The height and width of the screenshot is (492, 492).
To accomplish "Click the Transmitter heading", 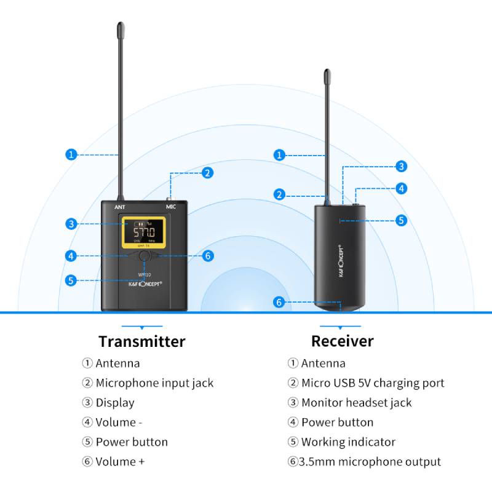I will tap(141, 341).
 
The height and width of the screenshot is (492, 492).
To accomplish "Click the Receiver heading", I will tap(342, 341).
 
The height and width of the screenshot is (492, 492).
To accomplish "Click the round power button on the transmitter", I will tap(144, 256).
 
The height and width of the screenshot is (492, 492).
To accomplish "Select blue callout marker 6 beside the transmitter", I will tap(208, 256).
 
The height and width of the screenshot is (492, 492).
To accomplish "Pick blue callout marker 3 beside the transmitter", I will tap(71, 224).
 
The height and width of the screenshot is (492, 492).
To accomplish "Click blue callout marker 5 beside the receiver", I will tap(401, 220).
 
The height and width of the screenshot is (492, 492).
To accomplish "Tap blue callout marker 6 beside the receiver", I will tap(279, 302).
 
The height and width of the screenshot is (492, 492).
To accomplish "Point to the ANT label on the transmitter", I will tap(120, 207).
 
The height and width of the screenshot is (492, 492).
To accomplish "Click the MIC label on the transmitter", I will tap(171, 207).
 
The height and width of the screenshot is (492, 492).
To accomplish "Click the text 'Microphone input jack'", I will tap(154, 383).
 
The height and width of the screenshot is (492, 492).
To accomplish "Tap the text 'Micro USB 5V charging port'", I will tap(373, 383).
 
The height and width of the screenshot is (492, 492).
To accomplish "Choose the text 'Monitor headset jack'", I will tap(356, 403).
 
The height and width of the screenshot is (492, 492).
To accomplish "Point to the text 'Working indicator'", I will tap(348, 442).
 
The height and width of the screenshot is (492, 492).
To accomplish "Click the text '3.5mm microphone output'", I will tap(370, 462).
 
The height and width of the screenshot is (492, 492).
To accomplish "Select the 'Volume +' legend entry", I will tap(120, 462).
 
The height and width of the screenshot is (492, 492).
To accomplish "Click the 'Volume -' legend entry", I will tap(119, 423).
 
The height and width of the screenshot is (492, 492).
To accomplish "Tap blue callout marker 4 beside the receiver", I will tap(401, 189).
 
